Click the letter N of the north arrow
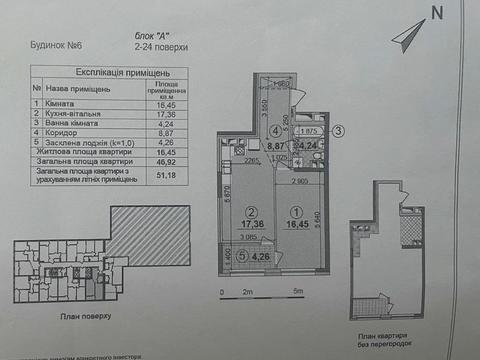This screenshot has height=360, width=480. (x=436, y=13)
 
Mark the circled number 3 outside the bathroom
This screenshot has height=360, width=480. (x=339, y=130)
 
